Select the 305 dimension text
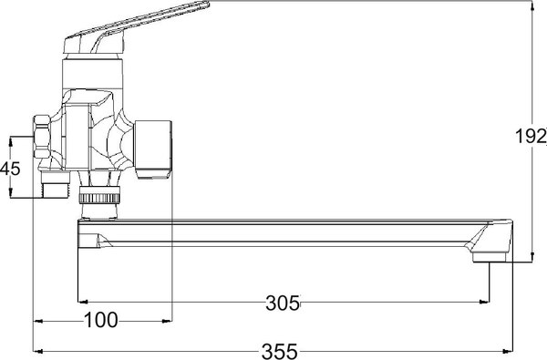pos(282,303)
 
